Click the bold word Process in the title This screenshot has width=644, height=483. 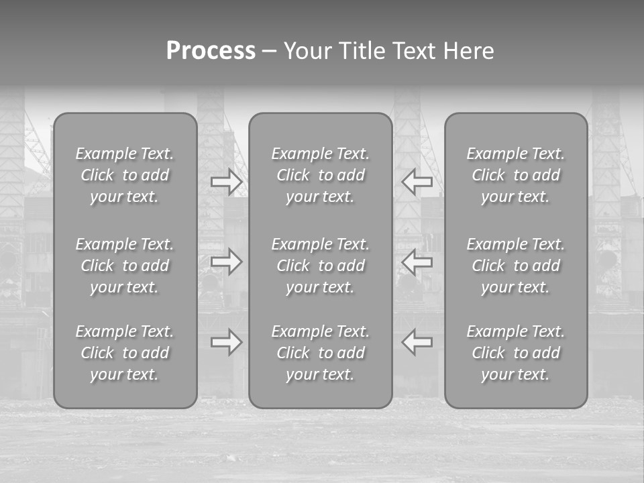pyautogui.click(x=211, y=51)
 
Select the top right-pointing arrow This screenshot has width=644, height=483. pyautogui.click(x=226, y=181)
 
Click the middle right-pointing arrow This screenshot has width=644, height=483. pyautogui.click(x=226, y=262)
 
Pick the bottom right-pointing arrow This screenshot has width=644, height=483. pyautogui.click(x=226, y=342)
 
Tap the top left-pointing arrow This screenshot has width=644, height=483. pyautogui.click(x=417, y=181)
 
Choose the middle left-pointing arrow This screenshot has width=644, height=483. pyautogui.click(x=417, y=262)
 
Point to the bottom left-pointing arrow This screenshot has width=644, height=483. pyautogui.click(x=417, y=342)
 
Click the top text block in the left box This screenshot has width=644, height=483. pyautogui.click(x=125, y=175)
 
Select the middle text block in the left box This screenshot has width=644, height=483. pyautogui.click(x=125, y=266)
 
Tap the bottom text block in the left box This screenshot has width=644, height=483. pyautogui.click(x=125, y=353)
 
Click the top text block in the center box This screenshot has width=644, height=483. pyautogui.click(x=320, y=175)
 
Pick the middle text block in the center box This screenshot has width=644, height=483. pyautogui.click(x=320, y=266)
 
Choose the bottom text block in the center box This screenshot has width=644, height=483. pyautogui.click(x=320, y=353)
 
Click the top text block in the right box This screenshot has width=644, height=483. pyautogui.click(x=515, y=175)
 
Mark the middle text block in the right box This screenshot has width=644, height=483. pyautogui.click(x=515, y=266)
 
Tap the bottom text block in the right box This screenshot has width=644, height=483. pyautogui.click(x=515, y=353)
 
